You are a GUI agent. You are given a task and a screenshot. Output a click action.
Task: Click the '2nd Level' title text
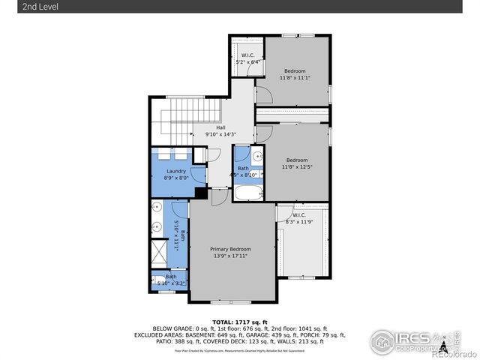point(20,7)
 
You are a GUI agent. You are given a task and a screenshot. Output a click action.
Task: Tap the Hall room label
point(220,127)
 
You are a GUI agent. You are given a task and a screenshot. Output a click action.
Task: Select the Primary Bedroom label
point(230,249)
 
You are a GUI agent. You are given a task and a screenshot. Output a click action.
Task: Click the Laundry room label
point(176,171)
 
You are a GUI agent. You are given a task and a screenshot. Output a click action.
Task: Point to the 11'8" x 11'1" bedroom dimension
point(295,78)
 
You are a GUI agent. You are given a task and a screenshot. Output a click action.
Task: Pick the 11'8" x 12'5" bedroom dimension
point(297,166)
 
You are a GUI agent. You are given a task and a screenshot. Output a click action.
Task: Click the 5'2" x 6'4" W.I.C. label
point(247,62)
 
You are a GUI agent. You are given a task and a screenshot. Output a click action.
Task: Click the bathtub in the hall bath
point(247,193)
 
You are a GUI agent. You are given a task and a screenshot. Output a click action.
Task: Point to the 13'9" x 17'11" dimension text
point(230,256)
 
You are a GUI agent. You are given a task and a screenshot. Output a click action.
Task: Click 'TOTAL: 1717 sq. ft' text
point(239,321)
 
